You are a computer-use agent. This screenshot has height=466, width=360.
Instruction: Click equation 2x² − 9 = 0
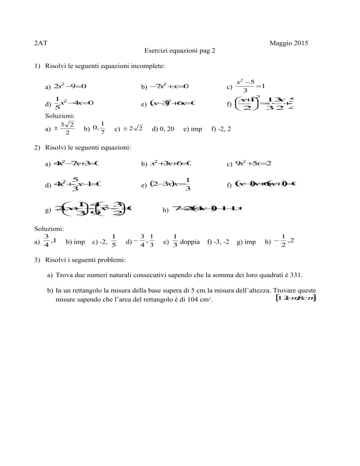click(71, 86)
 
